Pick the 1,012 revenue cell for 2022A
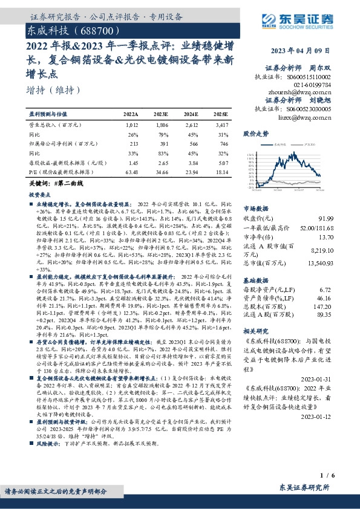tap(131, 125)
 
